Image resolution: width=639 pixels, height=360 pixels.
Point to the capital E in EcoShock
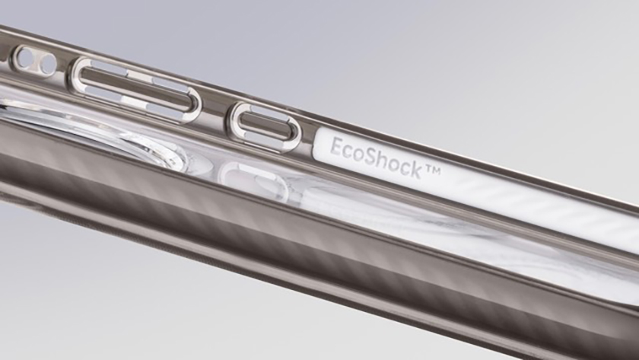[x=336, y=146]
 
